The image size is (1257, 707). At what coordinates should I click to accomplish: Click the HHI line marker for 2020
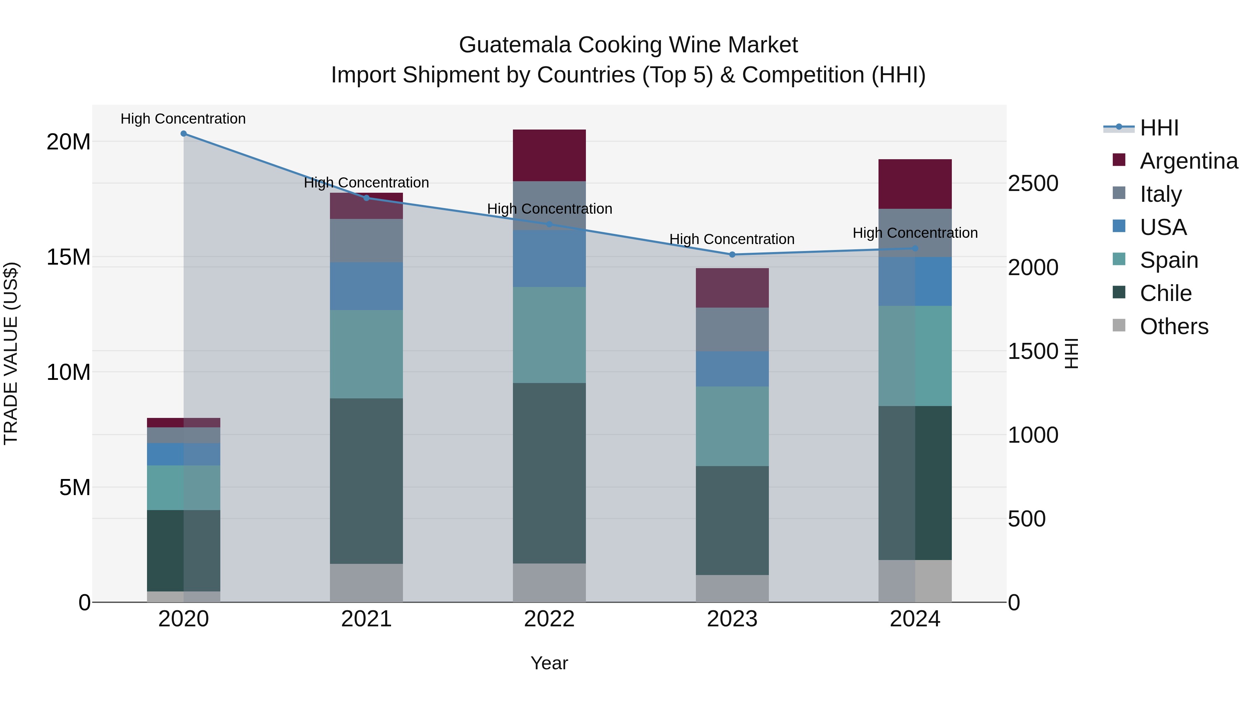183,134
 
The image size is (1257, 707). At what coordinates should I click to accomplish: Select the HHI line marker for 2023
732,255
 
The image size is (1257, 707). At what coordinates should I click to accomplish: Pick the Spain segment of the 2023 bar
732,426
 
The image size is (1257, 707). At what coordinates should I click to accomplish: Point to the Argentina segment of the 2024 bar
915,184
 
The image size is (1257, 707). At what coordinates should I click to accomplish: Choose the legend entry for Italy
1160,194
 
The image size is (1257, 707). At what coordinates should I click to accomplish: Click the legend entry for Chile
1165,293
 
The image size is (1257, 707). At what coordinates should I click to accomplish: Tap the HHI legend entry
1159,128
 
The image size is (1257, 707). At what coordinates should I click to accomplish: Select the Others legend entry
1174,326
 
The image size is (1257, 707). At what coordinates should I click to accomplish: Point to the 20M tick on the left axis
68,142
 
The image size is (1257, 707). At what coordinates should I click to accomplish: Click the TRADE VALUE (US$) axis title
11,353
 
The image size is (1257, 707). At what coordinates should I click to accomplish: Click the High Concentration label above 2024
915,233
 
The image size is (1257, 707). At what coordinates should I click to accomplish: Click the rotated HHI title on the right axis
1071,353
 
